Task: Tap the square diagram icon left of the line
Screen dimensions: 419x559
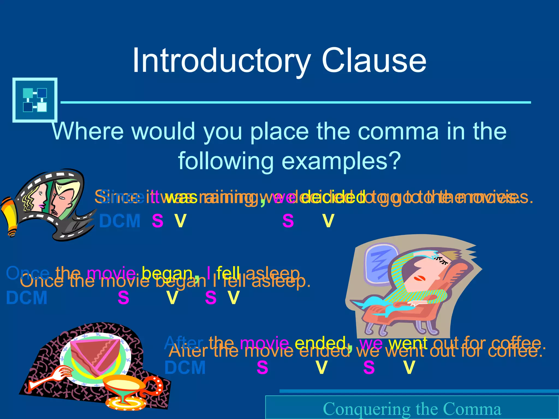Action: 35,100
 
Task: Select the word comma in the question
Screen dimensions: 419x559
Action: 397,131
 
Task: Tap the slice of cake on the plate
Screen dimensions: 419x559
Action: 96,355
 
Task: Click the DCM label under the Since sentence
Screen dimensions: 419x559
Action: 120,221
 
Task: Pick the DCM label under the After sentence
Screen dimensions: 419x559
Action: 185,368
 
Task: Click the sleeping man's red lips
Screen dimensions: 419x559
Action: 418,278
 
